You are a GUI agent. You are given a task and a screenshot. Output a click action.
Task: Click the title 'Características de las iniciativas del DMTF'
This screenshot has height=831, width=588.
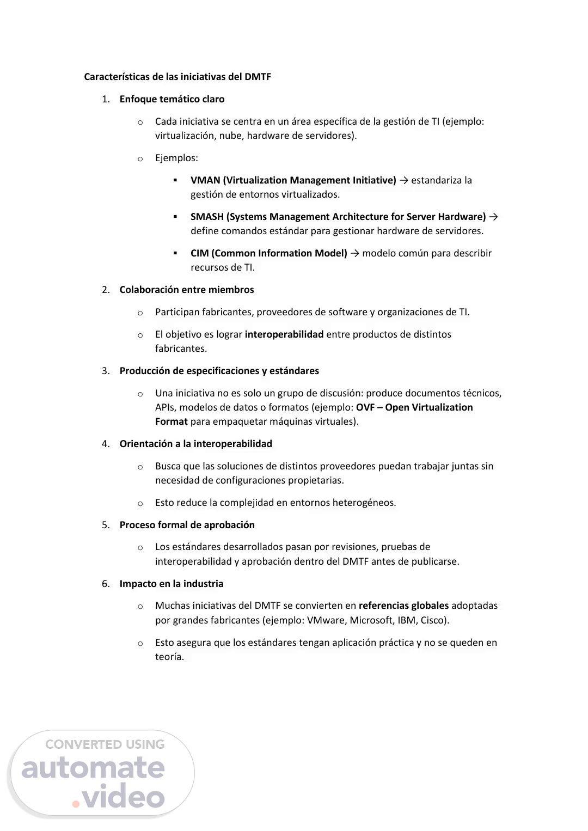[177, 77]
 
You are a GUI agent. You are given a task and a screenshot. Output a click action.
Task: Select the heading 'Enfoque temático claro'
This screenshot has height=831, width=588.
[172, 99]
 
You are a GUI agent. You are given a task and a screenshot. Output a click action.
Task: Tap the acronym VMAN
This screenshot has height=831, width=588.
[205, 180]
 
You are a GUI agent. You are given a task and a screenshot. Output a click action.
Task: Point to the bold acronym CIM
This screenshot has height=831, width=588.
[199, 253]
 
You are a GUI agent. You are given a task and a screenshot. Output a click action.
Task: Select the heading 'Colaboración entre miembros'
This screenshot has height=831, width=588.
[187, 290]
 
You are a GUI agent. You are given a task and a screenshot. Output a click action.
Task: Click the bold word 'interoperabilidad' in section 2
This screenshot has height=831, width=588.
[284, 334]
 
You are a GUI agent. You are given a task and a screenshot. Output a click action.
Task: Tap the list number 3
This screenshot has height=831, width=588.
[106, 371]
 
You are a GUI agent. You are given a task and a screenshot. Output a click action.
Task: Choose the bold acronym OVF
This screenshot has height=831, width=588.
[365, 407]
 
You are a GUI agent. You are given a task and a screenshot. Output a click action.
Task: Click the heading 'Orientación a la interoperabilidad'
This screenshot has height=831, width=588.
[196, 444]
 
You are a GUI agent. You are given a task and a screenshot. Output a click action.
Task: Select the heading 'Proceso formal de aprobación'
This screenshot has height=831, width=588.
[187, 525]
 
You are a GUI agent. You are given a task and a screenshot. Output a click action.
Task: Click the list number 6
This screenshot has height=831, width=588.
[106, 584]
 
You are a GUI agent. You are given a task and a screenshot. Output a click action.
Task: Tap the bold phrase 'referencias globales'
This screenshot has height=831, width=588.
[404, 606]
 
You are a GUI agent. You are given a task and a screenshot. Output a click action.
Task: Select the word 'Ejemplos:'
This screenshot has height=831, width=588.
[176, 158]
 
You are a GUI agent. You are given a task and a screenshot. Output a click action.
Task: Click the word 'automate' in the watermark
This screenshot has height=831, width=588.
[93, 768]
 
